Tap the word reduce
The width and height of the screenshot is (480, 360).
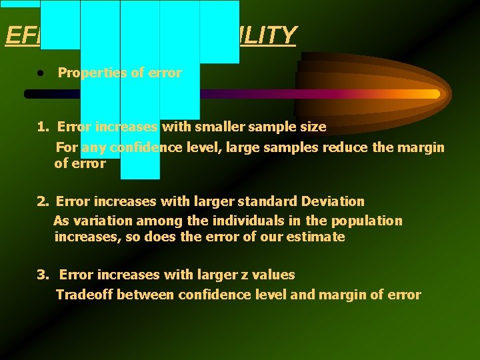(x=345, y=147)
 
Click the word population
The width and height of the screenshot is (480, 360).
(x=367, y=221)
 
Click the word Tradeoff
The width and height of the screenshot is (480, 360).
(x=84, y=295)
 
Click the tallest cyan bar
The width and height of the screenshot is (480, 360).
(x=140, y=90)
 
